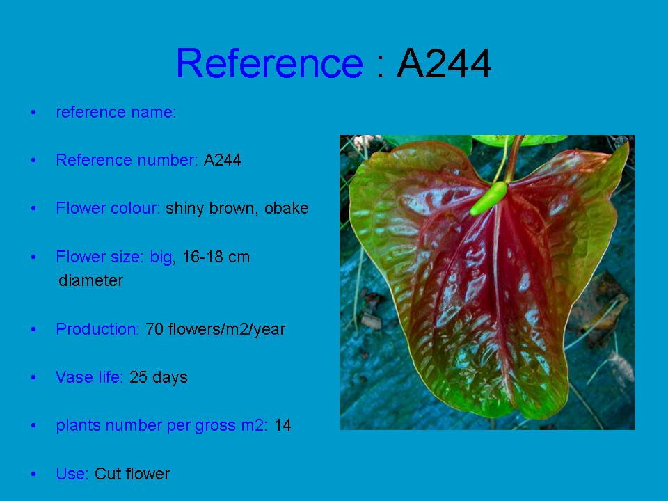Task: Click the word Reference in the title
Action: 269,63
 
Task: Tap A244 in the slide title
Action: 444,63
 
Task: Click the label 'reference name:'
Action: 116,112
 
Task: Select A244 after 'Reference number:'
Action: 222,160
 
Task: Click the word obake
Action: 286,208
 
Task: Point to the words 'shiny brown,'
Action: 212,208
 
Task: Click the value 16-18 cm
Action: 216,257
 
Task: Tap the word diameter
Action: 91,280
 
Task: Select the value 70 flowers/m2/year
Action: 215,329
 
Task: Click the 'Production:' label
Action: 98,329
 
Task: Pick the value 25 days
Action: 159,377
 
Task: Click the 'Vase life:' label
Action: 90,377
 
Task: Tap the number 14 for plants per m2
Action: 283,425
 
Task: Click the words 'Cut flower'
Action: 132,474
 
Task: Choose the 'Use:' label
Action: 72,474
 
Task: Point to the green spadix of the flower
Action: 488,198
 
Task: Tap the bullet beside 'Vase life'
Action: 33,377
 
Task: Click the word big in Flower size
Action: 161,257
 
